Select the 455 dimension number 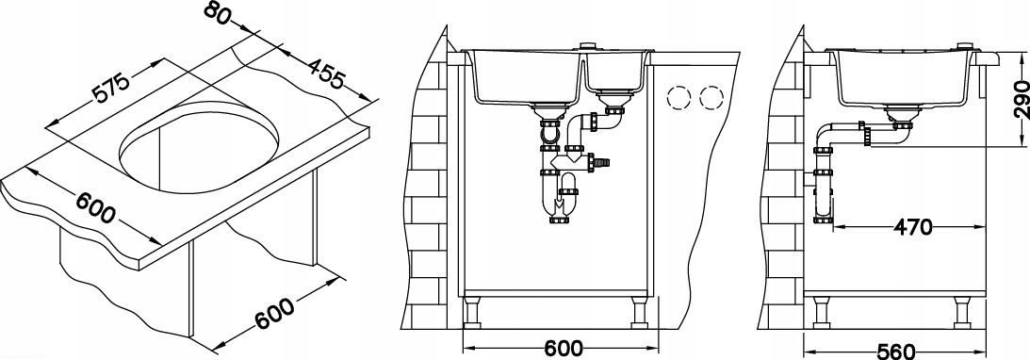(325, 74)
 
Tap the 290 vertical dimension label (1020, 99)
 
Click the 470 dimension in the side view (912, 227)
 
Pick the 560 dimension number (896, 352)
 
